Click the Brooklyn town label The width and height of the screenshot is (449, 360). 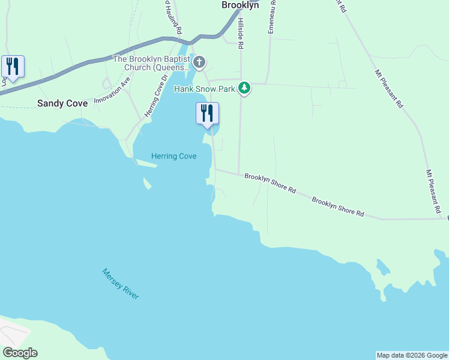click(x=240, y=5)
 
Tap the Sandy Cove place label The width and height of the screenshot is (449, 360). click(x=62, y=103)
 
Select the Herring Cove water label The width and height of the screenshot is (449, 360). click(x=174, y=156)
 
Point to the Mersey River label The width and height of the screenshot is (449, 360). click(x=120, y=284)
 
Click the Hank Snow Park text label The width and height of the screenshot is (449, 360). click(x=204, y=89)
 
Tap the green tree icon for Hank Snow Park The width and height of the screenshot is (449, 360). click(x=244, y=88)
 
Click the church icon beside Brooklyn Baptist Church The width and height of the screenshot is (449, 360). click(x=199, y=62)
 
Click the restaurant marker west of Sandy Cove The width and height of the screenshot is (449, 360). click(x=12, y=67)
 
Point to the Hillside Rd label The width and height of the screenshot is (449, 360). click(x=240, y=33)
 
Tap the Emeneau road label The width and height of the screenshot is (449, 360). click(x=272, y=17)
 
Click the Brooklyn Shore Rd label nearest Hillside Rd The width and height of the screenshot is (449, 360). click(x=270, y=183)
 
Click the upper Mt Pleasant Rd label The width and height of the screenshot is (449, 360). click(x=388, y=89)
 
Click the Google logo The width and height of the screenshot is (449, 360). click(x=20, y=353)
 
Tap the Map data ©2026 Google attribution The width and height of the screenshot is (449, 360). click(x=412, y=355)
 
